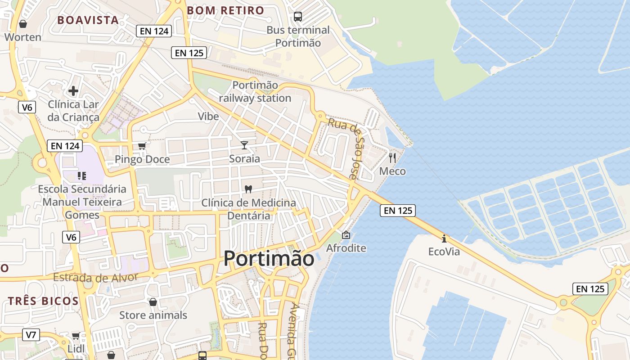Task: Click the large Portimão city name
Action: tap(269, 259)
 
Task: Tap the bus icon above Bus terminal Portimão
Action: tap(298, 17)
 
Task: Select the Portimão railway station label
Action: tap(255, 91)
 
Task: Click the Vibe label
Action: tap(208, 116)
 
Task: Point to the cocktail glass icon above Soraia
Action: tap(244, 145)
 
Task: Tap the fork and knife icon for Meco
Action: tap(392, 157)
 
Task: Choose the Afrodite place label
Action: tap(346, 248)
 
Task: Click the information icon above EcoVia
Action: tap(444, 238)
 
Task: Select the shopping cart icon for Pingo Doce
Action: tap(142, 146)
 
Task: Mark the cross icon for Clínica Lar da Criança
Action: tap(73, 91)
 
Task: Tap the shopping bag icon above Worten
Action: tap(23, 23)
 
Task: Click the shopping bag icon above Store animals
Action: tap(153, 301)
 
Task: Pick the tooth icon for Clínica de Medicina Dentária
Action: tap(248, 189)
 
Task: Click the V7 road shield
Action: tap(31, 335)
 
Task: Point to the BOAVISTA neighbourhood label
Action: tap(88, 20)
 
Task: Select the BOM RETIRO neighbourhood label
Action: tap(225, 10)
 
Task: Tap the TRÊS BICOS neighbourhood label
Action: tap(43, 301)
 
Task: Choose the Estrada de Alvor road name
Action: tap(95, 278)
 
